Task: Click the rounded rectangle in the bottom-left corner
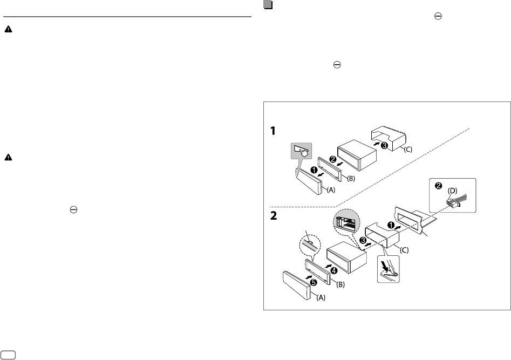9,354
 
